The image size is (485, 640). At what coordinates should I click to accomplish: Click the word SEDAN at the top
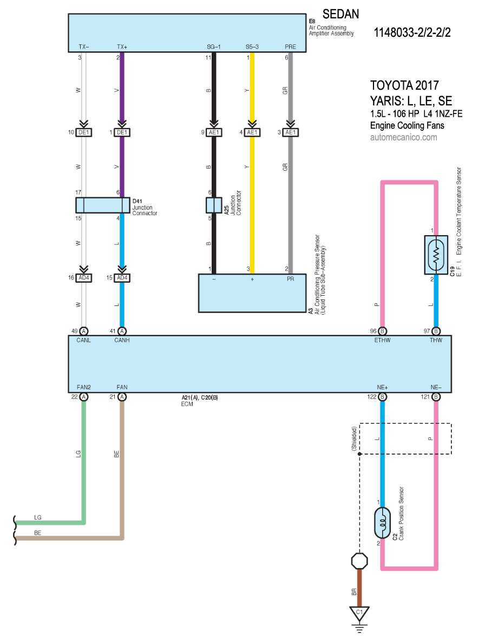pos(341,14)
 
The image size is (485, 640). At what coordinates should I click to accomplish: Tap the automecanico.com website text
pos(403,137)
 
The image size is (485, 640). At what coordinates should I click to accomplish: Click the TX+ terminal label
pos(122,47)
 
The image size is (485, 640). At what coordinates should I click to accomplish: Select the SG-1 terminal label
pos(214,47)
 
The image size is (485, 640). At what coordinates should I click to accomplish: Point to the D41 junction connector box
pos(103,205)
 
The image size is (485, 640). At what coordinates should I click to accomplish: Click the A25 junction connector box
pos(214,205)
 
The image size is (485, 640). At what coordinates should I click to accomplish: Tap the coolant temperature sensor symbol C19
pos(436,255)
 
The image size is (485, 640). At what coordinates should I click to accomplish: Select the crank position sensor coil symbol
pos(383,523)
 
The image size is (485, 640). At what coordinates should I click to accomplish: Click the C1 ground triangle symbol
pos(359,614)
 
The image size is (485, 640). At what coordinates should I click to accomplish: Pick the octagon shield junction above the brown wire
pos(359,561)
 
